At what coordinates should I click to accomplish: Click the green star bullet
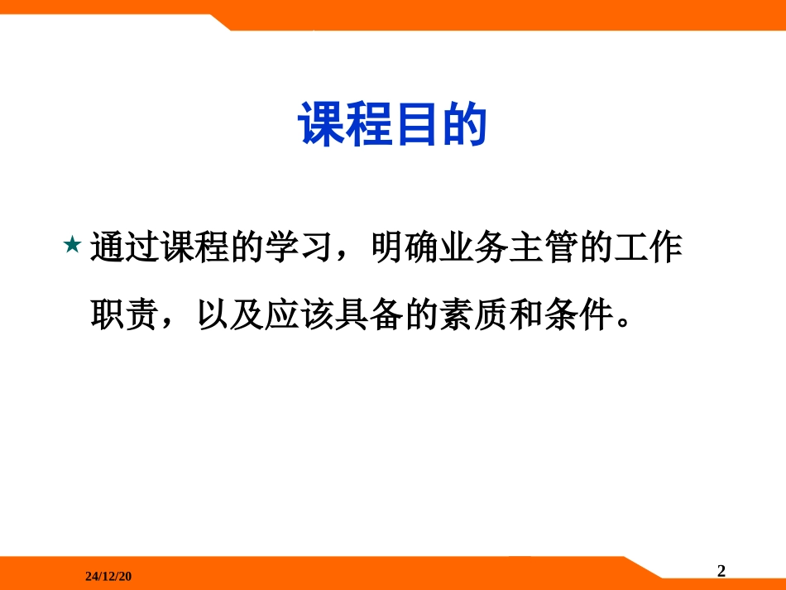[x=71, y=246]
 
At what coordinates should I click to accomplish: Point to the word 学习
[x=300, y=248]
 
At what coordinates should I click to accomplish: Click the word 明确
[x=405, y=248]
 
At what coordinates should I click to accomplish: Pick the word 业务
[x=476, y=248]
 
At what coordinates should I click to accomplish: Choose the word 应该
[x=300, y=315]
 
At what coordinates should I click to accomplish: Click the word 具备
[x=371, y=315]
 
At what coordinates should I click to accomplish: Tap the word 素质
[x=476, y=315]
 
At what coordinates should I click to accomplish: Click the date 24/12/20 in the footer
[x=108, y=574]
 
